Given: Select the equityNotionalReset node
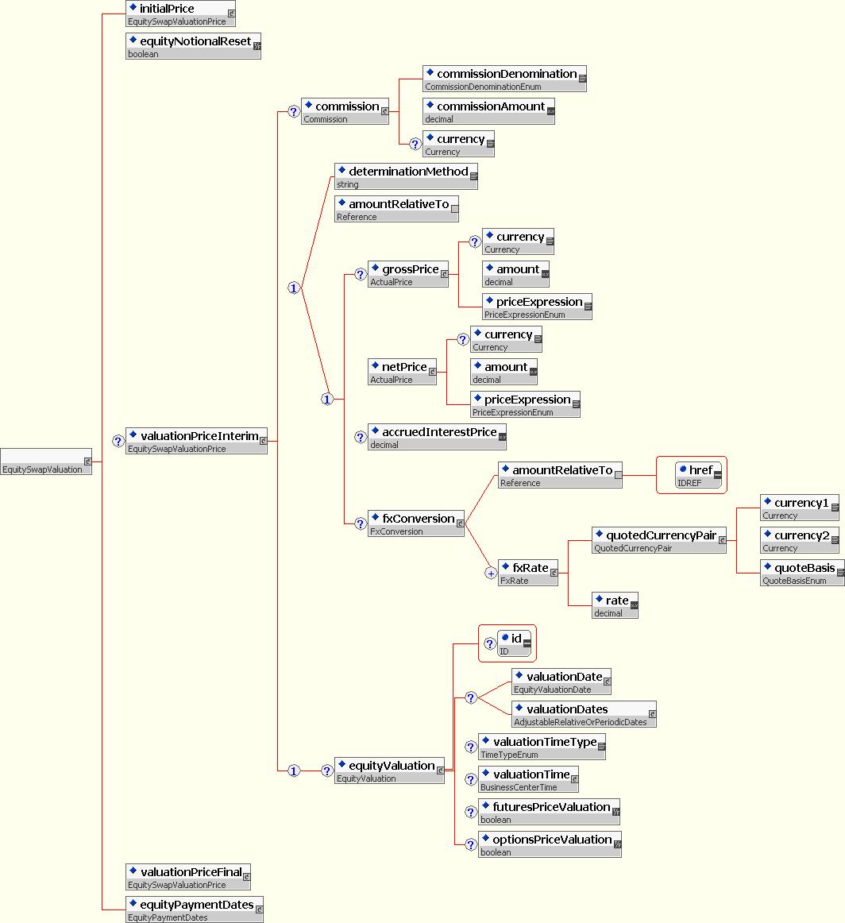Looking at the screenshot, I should click(193, 46).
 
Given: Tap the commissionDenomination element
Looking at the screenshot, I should click(504, 79).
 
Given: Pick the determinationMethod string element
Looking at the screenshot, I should click(406, 176).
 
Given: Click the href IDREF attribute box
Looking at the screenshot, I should click(698, 475).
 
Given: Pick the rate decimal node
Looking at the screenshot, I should click(615, 605).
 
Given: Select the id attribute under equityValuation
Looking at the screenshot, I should click(514, 643).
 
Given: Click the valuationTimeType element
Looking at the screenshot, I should click(542, 747).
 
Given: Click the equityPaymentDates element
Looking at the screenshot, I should click(195, 909).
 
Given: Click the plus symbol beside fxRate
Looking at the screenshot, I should click(492, 573).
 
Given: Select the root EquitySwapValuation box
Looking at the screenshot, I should click(47, 461).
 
